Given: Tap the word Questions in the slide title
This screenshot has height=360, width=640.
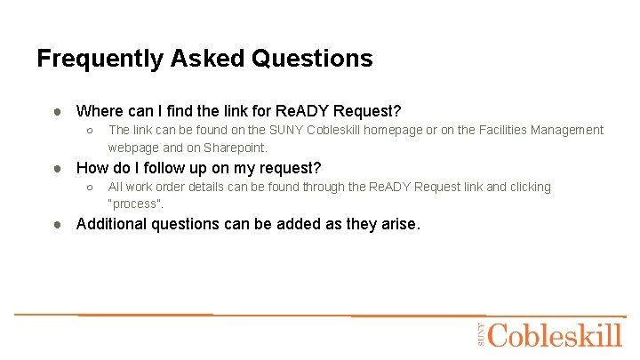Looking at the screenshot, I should coord(312,59).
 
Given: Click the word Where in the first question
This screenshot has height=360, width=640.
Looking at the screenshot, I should coord(99,111).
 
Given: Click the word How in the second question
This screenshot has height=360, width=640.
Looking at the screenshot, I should coord(93,168).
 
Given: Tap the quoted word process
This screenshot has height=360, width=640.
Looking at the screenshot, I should coord(135,204).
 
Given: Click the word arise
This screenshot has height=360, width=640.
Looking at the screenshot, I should coord(398,224).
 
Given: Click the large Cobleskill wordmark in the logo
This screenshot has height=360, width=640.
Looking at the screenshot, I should coord(555,335).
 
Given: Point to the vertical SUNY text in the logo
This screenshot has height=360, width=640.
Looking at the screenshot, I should coord(481,334).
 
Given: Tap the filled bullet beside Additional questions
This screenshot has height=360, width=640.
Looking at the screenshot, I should coord(56,224).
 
